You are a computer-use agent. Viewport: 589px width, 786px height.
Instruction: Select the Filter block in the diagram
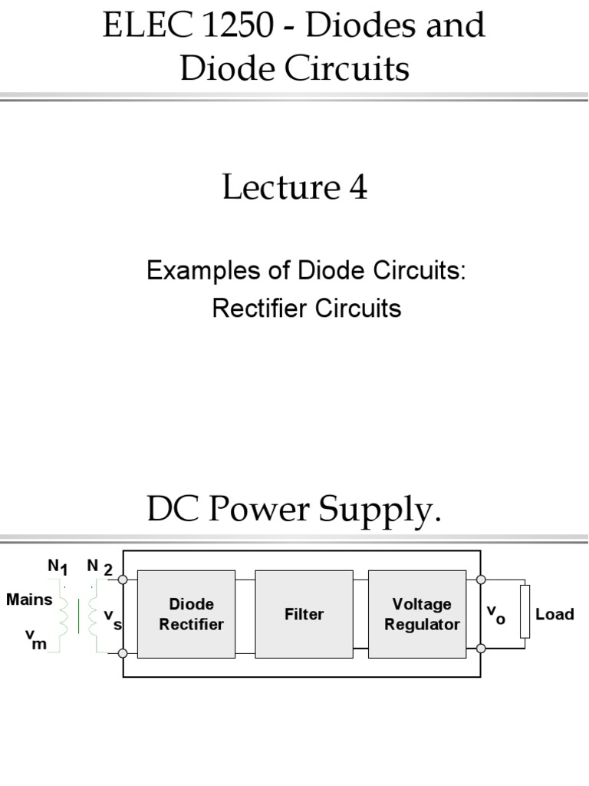pyautogui.click(x=304, y=614)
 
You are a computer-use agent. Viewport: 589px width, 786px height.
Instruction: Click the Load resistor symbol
pyautogui.click(x=525, y=612)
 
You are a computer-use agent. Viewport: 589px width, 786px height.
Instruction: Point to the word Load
pyautogui.click(x=554, y=614)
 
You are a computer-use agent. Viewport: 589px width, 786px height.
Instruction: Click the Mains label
pyautogui.click(x=29, y=599)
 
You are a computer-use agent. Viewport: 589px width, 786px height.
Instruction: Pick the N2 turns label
pyautogui.click(x=100, y=567)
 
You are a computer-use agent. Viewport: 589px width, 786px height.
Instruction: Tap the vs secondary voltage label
pyautogui.click(x=113, y=619)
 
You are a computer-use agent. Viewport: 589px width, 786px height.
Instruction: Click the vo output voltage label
pyautogui.click(x=496, y=614)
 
